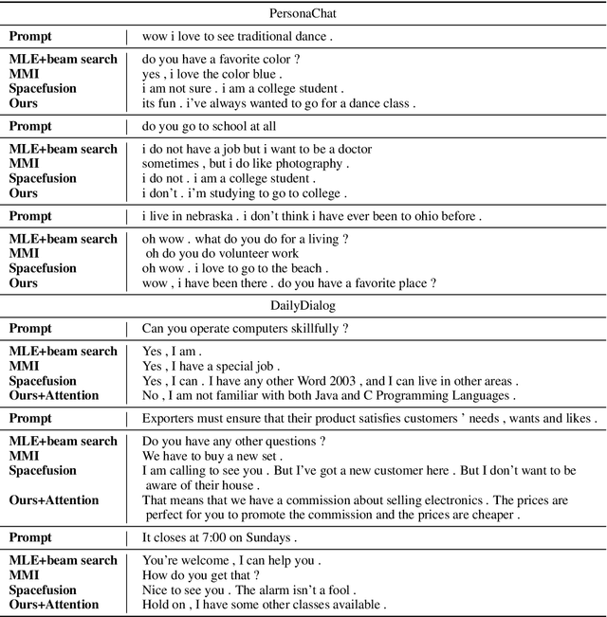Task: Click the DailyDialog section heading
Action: (303, 306)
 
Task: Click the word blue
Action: (262, 74)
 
